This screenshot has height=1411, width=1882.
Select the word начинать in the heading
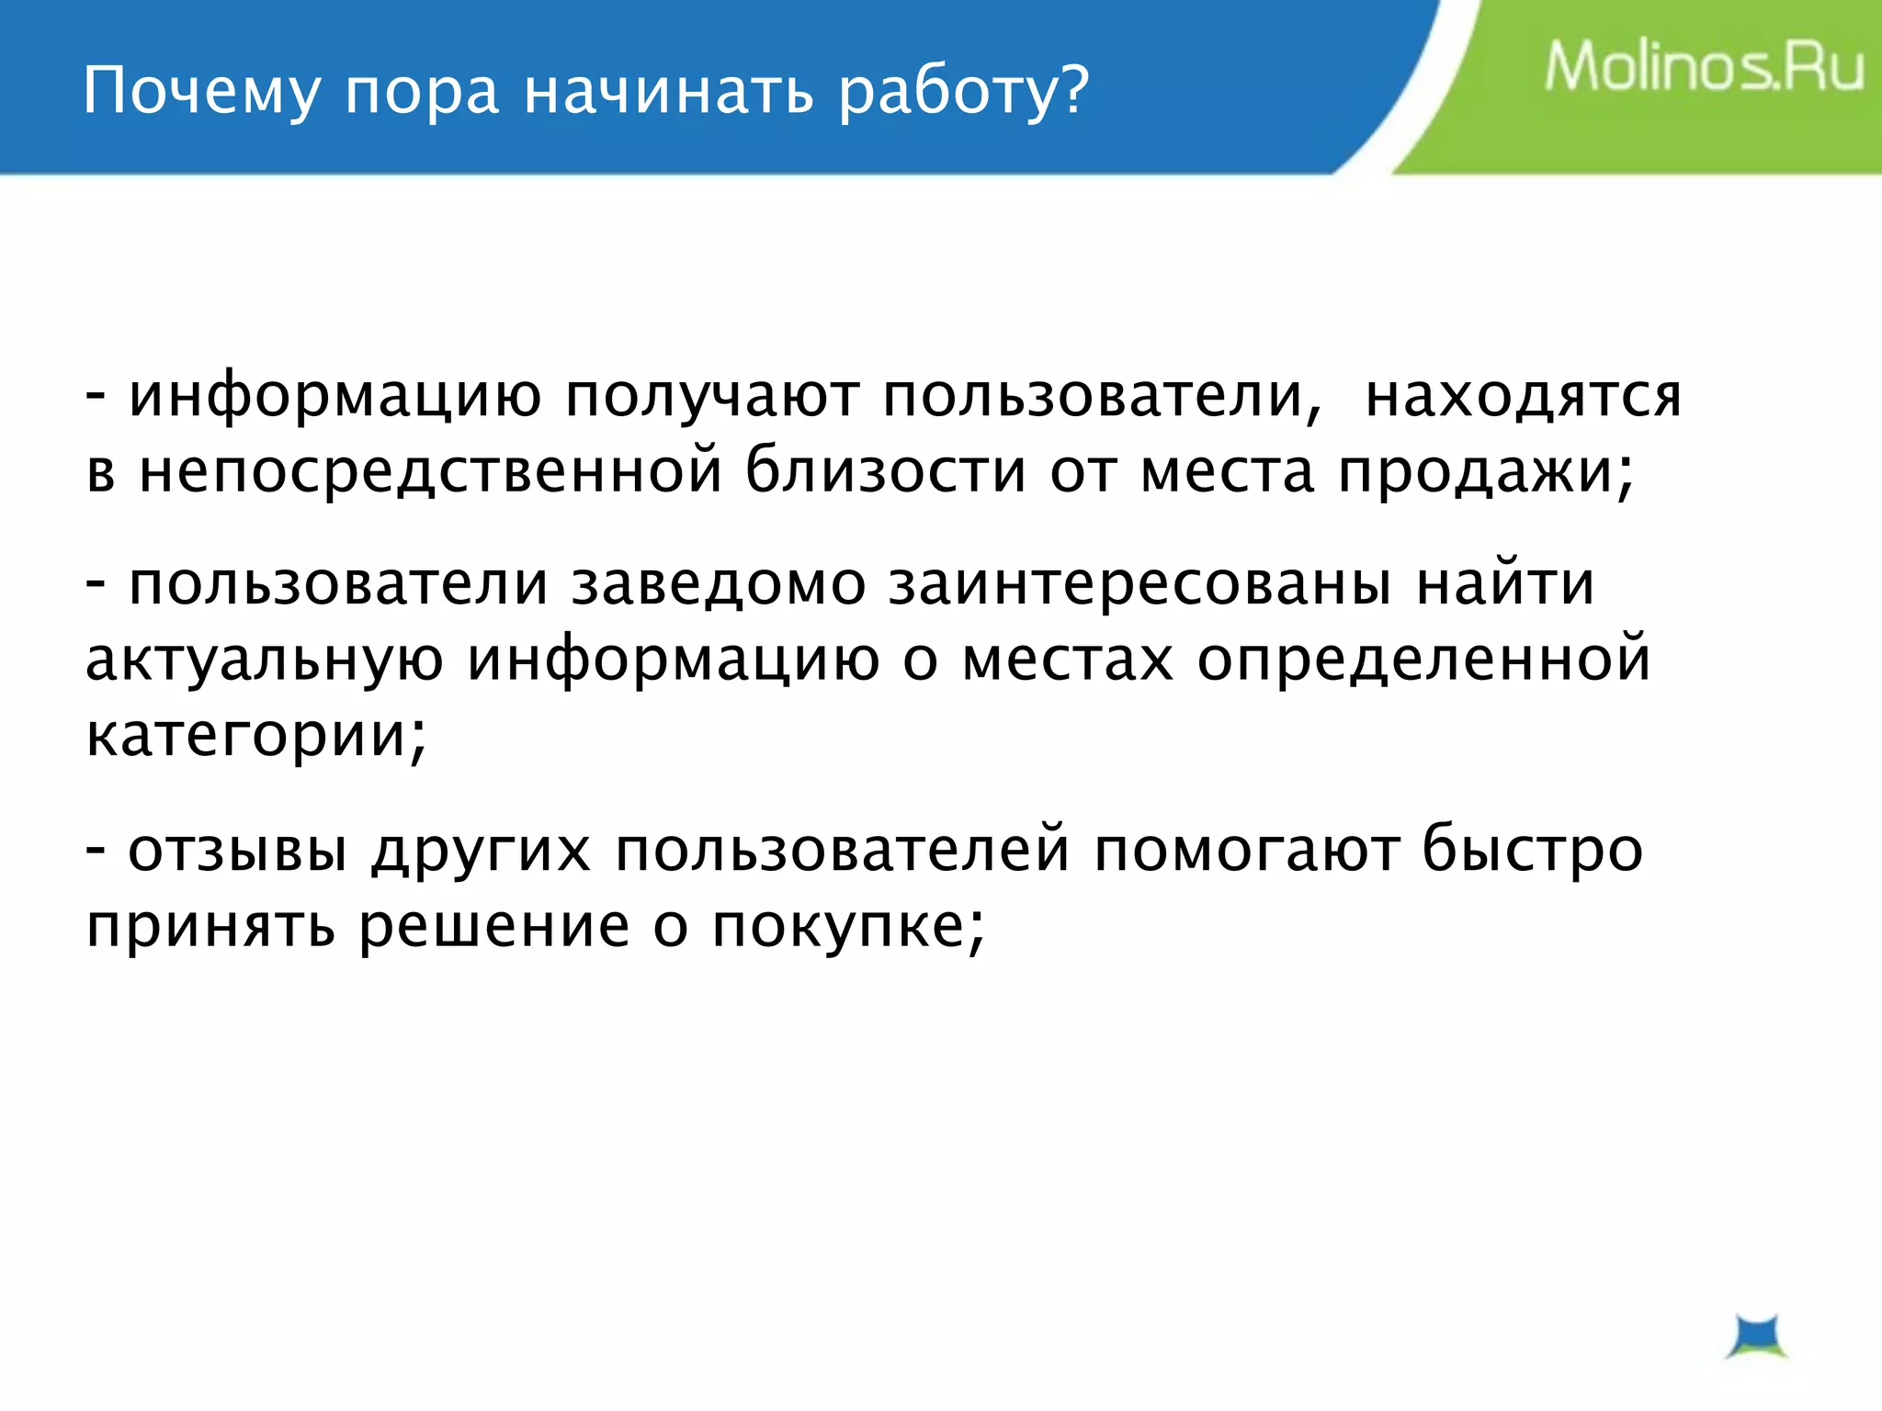tap(669, 92)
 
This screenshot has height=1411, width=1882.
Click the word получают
tap(712, 397)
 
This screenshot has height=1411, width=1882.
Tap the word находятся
tap(1523, 397)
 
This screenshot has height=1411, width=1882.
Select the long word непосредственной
tap(430, 471)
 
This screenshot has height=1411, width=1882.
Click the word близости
tap(885, 469)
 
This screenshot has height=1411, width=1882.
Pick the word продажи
tap(1484, 471)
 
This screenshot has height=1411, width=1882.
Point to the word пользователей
tap(843, 850)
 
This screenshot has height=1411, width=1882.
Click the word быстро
tap(1532, 850)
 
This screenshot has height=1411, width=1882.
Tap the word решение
tap(493, 926)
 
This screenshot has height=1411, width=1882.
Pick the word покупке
tap(845, 926)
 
